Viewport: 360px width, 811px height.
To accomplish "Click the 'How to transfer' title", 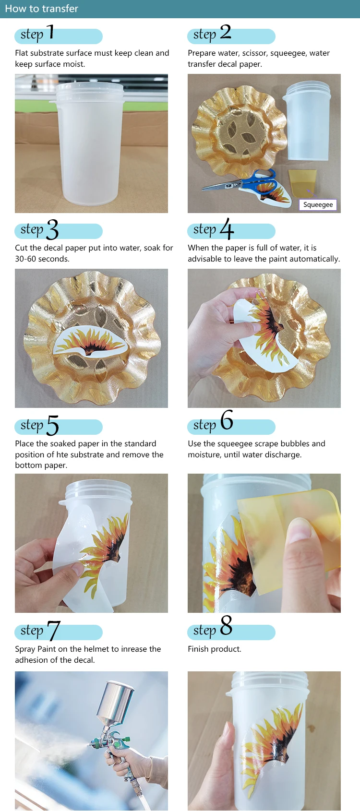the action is [x=42, y=9].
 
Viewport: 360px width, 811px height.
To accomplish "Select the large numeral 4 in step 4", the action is [x=227, y=228].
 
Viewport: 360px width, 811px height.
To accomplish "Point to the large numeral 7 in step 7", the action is [x=54, y=631].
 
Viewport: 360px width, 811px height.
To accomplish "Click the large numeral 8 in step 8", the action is [x=227, y=625].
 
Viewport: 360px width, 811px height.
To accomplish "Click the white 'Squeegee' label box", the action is [x=318, y=204].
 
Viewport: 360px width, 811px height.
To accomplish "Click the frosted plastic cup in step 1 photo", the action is [x=91, y=143].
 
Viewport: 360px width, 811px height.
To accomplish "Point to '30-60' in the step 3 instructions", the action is [x=24, y=259].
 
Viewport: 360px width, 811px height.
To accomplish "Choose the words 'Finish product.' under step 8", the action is [x=215, y=649].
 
